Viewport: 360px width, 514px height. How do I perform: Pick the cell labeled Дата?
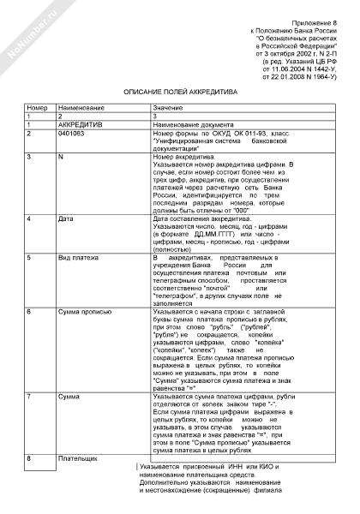(x=64, y=218)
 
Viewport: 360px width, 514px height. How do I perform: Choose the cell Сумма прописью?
(x=81, y=312)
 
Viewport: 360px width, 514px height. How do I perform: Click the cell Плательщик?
(x=76, y=459)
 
